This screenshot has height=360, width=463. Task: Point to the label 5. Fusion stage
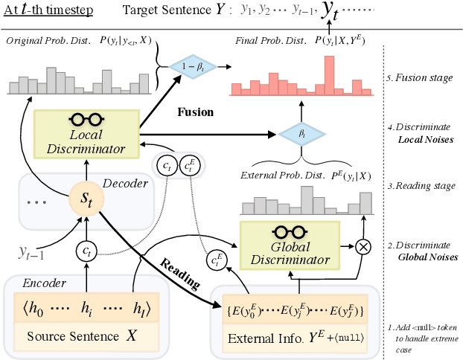(x=421, y=76)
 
